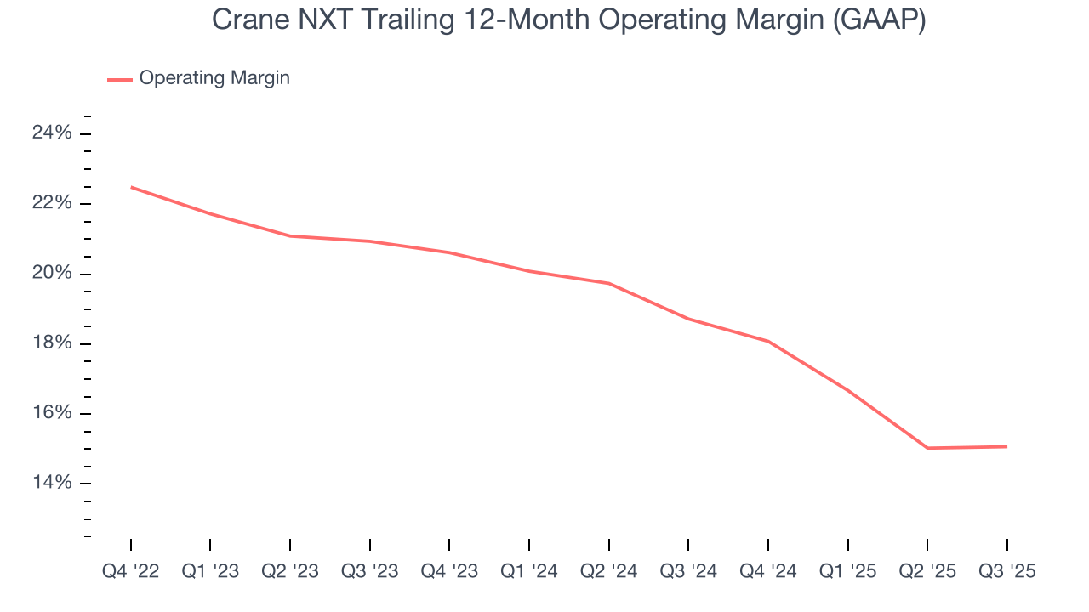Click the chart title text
click(568, 20)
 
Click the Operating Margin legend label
click(214, 78)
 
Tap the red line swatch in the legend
click(120, 79)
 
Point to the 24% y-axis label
click(52, 133)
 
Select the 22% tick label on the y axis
click(52, 203)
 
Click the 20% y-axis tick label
click(52, 274)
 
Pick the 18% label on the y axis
click(52, 343)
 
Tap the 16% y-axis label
click(52, 413)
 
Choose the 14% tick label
click(52, 483)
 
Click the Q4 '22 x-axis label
click(130, 571)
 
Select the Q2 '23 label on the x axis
click(290, 571)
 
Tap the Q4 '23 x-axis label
click(449, 571)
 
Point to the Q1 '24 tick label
click(529, 571)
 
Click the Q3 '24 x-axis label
click(688, 571)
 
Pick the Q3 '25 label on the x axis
click(1007, 571)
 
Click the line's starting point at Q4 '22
click(131, 187)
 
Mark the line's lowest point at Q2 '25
click(927, 448)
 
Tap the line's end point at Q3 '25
click(1006, 446)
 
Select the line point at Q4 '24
click(768, 342)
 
